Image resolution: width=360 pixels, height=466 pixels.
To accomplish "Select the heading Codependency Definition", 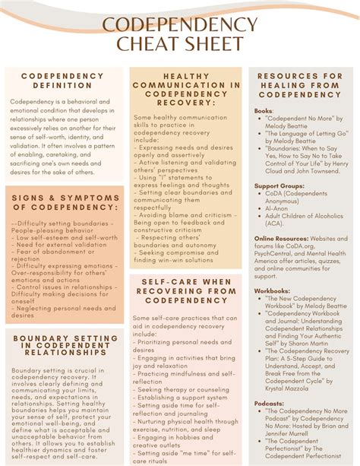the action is tap(62, 81).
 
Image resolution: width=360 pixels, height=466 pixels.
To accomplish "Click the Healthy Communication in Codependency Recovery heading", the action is tap(186, 90).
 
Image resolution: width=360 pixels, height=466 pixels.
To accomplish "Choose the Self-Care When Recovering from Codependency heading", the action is tap(186, 290).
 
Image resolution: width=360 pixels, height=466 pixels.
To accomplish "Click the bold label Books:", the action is tap(264, 111).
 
